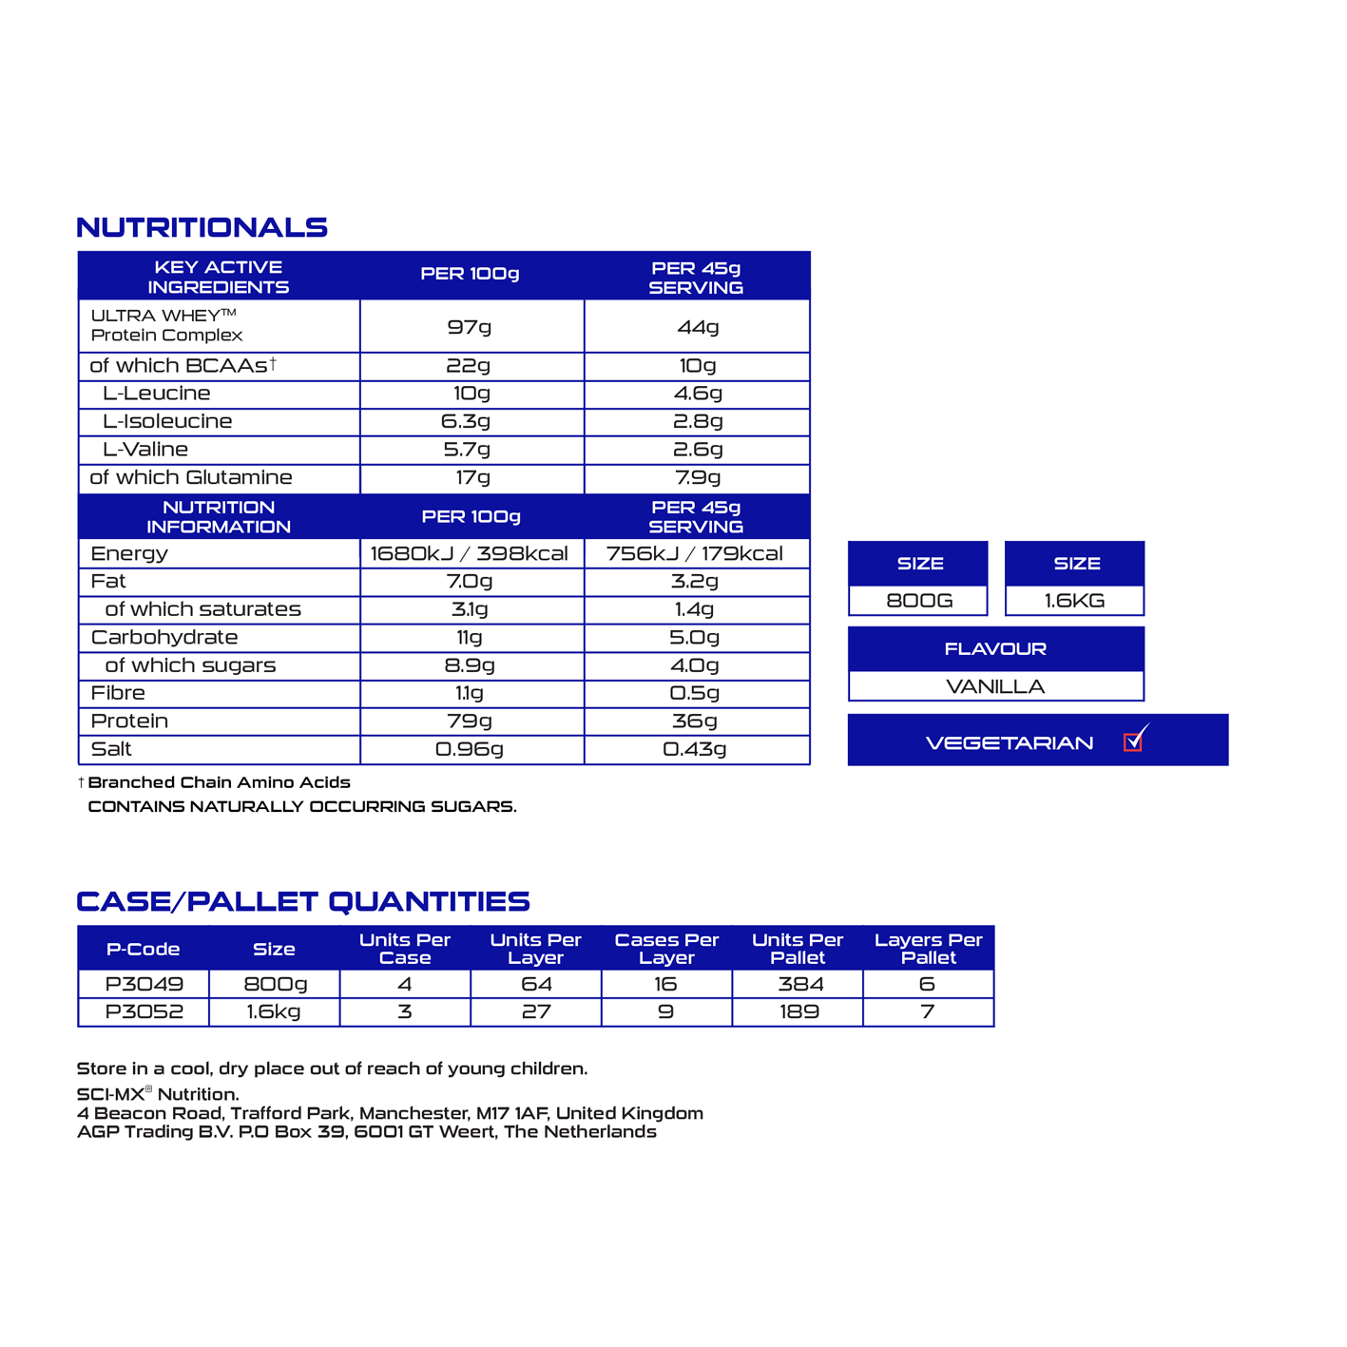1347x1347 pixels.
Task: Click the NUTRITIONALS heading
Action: (x=202, y=228)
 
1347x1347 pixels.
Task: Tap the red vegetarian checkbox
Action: (x=1132, y=742)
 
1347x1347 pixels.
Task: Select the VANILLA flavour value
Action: (x=995, y=686)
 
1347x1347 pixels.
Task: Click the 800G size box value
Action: (x=918, y=601)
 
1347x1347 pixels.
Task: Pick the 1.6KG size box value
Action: (x=1074, y=601)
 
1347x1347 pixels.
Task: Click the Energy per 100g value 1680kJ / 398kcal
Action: (x=470, y=554)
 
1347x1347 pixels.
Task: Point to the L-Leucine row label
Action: (x=157, y=394)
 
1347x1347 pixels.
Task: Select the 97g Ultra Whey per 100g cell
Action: (x=470, y=327)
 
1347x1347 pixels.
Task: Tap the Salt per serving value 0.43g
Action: (x=695, y=749)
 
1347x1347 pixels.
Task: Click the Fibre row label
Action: (x=118, y=693)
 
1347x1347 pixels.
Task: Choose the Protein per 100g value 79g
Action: (x=470, y=722)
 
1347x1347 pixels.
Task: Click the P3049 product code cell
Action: (x=144, y=984)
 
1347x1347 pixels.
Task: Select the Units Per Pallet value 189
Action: (x=799, y=1011)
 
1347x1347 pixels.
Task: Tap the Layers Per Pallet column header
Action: (x=928, y=949)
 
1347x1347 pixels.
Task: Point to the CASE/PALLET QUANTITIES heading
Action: (x=303, y=901)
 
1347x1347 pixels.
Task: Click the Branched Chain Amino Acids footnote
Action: (x=219, y=782)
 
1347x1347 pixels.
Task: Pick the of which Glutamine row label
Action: (x=191, y=478)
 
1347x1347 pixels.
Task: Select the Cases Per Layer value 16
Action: (x=665, y=984)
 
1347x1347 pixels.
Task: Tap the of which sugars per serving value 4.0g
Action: (x=695, y=665)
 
